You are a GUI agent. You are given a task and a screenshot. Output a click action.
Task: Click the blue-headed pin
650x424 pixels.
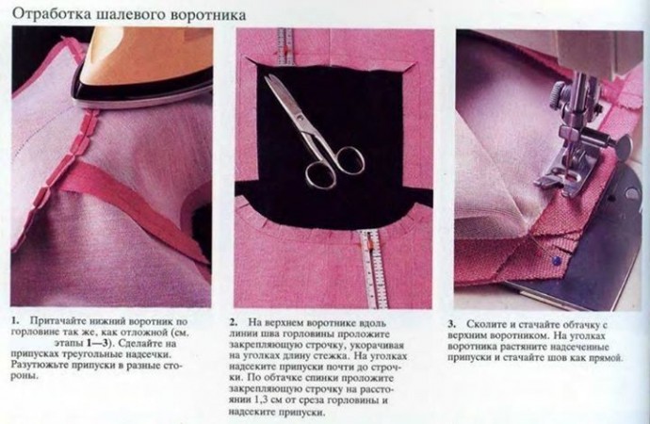556,261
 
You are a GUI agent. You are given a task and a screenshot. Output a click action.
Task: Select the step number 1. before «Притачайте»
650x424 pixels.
15,321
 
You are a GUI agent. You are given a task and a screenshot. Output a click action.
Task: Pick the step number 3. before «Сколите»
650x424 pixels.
452,324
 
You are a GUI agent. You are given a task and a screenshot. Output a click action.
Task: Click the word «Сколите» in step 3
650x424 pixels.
484,324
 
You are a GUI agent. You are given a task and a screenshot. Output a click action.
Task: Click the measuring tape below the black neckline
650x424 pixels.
371,269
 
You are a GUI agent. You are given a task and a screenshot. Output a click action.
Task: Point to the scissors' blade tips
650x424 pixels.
267,78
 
